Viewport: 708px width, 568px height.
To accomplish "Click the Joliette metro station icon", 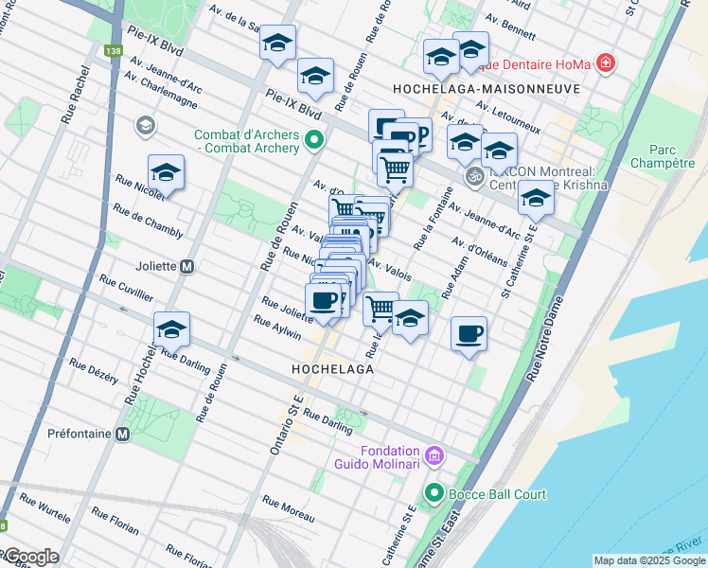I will click(187, 267).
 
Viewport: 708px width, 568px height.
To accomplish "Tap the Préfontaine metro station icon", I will click(122, 435).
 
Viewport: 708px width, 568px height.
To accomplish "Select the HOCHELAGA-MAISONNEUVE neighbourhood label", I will click(486, 87).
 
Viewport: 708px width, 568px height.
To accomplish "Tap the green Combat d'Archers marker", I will click(313, 142).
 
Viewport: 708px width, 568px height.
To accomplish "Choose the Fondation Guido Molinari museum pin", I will click(434, 456).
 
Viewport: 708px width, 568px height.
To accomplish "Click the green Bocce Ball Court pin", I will click(434, 493).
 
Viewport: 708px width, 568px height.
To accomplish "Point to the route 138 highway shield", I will click(115, 49).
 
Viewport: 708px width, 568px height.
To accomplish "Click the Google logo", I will click(30, 556).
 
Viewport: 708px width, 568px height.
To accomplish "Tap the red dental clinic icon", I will click(604, 64).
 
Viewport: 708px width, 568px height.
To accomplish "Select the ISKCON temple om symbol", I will click(474, 176).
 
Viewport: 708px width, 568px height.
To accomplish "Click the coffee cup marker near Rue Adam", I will click(469, 334).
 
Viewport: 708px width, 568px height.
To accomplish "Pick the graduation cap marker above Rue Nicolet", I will click(166, 172).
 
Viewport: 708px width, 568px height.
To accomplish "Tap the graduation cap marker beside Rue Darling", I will click(171, 329).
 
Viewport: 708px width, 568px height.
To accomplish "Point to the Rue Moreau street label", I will click(288, 508).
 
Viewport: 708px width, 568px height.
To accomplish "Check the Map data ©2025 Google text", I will click(648, 560).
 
